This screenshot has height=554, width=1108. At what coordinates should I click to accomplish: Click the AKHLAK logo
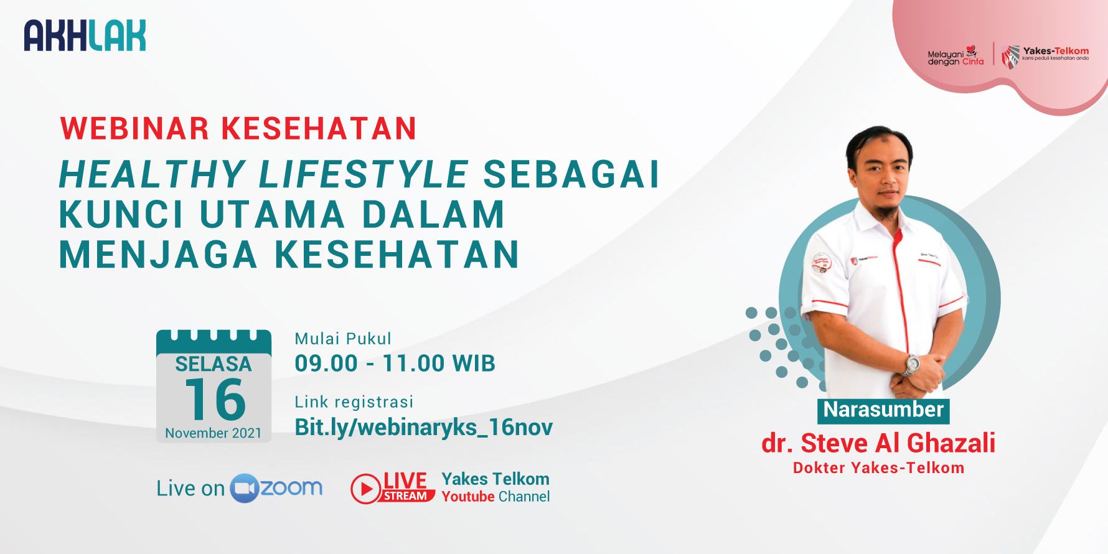[85, 35]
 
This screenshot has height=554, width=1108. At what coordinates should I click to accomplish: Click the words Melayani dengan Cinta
[955, 56]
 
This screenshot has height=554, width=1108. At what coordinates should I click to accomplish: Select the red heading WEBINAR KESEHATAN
[238, 128]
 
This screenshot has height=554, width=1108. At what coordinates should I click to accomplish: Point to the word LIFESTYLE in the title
[363, 174]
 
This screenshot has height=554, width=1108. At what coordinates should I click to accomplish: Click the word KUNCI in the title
[121, 214]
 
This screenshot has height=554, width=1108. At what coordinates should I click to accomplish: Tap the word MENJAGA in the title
[158, 254]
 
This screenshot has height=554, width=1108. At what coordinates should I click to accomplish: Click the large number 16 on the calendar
[215, 399]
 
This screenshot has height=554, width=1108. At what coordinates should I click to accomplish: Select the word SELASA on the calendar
[214, 364]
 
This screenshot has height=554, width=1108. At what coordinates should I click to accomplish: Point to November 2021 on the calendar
[214, 433]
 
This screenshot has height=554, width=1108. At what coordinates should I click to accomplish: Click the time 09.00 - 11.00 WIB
[395, 363]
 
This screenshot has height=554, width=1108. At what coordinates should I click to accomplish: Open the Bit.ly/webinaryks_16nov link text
[423, 428]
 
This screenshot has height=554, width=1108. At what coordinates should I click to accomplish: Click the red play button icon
[365, 489]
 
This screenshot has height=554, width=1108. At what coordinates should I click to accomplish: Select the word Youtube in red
[468, 497]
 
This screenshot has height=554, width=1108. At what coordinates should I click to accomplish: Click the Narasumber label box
[883, 410]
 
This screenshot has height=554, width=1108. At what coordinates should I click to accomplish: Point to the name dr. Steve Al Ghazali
[878, 443]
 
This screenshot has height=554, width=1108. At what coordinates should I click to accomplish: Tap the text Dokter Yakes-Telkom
[878, 468]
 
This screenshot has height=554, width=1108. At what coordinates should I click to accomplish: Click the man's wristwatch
[912, 365]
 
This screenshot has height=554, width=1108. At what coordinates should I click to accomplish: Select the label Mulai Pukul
[343, 339]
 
